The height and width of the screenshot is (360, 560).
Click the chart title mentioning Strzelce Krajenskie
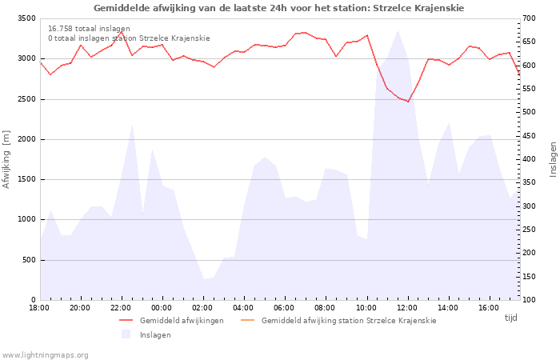(278, 8)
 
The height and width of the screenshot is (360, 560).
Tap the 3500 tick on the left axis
(26, 18)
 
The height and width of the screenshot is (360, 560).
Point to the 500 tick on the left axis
(30, 260)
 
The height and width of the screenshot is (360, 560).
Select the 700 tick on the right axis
(530, 18)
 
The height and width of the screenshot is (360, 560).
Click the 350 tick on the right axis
(530, 182)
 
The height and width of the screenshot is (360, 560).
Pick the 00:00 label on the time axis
(162, 308)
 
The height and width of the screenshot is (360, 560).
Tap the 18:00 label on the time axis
(39, 308)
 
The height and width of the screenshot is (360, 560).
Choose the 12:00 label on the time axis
(407, 308)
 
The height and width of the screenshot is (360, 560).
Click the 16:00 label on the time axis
(489, 308)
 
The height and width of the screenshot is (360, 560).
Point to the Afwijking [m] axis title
(6, 159)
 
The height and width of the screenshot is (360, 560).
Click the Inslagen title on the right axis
(554, 160)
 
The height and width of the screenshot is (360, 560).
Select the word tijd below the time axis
(510, 318)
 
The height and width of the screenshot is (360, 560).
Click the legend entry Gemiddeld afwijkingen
(182, 320)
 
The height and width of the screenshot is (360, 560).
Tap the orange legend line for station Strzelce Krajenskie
(247, 320)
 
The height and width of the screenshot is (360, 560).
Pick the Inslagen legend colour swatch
(126, 334)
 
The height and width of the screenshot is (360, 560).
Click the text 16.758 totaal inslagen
(89, 29)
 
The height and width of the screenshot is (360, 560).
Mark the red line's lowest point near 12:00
(408, 102)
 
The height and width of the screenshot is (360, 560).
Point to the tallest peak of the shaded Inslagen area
(398, 30)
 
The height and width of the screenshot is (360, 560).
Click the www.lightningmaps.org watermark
(45, 355)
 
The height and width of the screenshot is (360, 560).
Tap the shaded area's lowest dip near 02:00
(204, 279)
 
